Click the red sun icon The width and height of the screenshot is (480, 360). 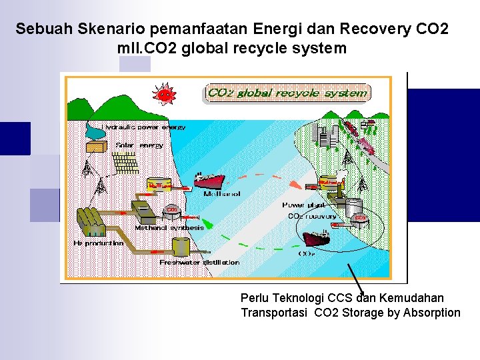(x=163, y=94)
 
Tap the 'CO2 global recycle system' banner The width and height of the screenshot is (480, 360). (x=287, y=93)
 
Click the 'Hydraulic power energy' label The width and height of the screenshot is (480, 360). (x=145, y=127)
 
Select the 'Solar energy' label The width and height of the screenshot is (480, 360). (x=139, y=145)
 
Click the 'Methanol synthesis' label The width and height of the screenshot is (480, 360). (x=169, y=227)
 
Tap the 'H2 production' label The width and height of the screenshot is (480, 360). (x=98, y=243)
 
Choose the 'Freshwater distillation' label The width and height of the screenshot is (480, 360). (x=199, y=263)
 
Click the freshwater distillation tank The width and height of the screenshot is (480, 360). (x=179, y=247)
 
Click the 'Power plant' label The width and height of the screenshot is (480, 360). (x=303, y=205)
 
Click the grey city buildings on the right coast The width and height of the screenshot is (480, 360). (x=327, y=137)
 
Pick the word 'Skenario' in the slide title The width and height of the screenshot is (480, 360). (x=107, y=29)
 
